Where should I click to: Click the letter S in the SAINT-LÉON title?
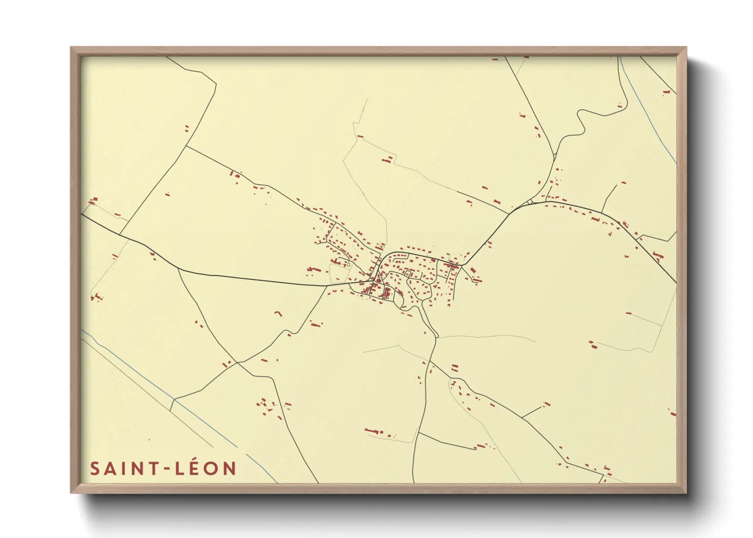95,468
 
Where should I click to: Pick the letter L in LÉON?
180,468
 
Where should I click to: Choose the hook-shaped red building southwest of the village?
278,313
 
